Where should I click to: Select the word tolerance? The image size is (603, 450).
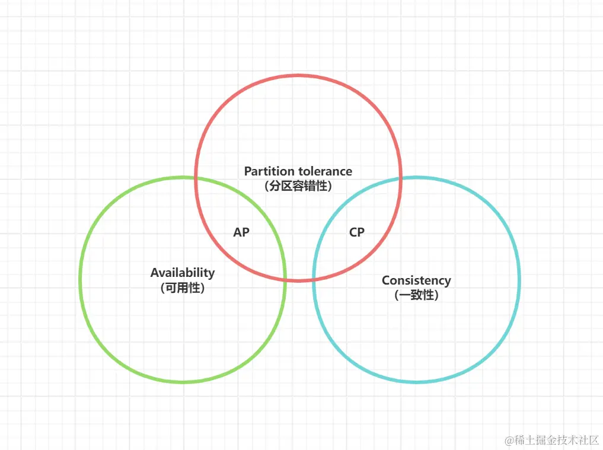(x=325, y=171)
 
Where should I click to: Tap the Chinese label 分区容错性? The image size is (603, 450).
(x=298, y=186)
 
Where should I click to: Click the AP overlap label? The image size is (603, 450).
(x=241, y=232)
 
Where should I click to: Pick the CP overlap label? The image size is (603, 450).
(x=357, y=232)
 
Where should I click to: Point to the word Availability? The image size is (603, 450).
(x=183, y=273)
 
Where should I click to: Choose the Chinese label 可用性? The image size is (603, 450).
(x=183, y=288)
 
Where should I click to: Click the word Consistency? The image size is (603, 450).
(x=416, y=280)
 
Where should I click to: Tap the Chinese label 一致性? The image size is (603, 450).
(x=416, y=295)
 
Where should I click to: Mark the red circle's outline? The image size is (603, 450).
(x=298, y=75)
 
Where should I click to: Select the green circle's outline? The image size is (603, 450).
(x=80, y=279)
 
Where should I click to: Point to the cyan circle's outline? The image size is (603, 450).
(x=519, y=279)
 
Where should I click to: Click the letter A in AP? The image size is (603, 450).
(x=237, y=232)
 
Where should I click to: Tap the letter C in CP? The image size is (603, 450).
(x=353, y=232)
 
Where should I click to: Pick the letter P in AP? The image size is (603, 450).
(x=245, y=232)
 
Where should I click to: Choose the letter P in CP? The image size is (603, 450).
(x=361, y=232)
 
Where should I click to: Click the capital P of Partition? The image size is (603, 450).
(x=248, y=171)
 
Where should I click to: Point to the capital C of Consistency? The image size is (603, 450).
(x=386, y=280)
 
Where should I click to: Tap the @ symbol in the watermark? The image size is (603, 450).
(x=509, y=441)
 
